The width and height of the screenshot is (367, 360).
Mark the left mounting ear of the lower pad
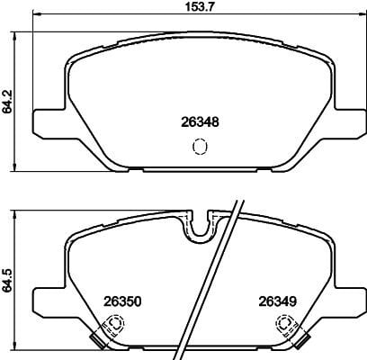tap(47, 301)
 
